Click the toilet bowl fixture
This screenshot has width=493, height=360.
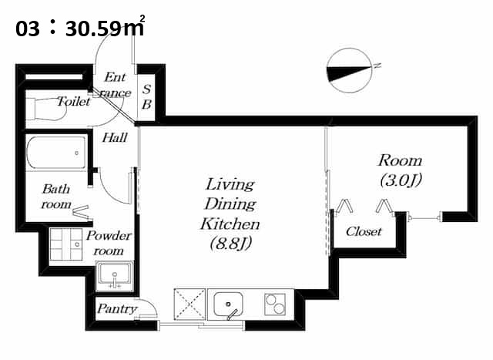[46, 109]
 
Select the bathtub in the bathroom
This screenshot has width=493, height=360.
[56, 153]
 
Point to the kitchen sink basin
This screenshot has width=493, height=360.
[228, 304]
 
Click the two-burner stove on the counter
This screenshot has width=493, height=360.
[275, 304]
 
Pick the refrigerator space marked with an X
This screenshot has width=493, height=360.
[189, 304]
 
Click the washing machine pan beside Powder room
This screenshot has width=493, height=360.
[66, 244]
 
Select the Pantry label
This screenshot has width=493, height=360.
[117, 308]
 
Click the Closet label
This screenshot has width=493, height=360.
[364, 232]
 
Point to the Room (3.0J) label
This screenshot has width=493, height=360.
[400, 170]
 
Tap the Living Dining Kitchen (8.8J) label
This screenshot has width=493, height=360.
[230, 214]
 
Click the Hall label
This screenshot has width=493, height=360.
[115, 138]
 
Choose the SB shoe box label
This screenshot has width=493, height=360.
[146, 97]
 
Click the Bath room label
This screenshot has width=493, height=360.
[56, 197]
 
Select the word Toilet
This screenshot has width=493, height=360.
[74, 102]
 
